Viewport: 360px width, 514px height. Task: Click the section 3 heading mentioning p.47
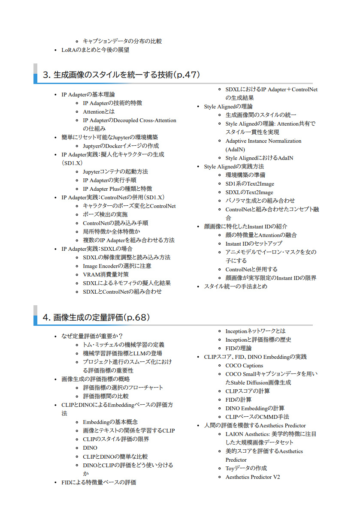(121, 75)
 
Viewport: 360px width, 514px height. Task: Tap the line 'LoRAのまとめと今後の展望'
(95, 50)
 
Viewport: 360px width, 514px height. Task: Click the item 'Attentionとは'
(99, 111)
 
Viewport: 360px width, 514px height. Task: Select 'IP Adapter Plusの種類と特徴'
(118, 189)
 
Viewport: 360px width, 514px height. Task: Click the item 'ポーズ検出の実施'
(105, 214)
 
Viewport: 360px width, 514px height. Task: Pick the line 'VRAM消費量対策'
(106, 274)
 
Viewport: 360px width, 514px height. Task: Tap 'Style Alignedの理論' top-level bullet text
(228, 106)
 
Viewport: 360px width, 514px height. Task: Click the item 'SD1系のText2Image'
(250, 183)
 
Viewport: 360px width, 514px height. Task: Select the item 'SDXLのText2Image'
(249, 192)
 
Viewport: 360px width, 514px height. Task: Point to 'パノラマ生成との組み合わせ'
(260, 201)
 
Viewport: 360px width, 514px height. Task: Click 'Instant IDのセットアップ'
(254, 243)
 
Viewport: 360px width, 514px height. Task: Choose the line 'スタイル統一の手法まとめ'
(236, 286)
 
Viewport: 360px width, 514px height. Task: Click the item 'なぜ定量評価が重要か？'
(92, 336)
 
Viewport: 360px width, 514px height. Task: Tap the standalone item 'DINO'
(90, 448)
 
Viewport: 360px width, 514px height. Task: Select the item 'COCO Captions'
(244, 365)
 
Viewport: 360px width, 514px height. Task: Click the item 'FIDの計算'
(239, 400)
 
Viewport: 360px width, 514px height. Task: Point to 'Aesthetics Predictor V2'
(253, 477)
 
